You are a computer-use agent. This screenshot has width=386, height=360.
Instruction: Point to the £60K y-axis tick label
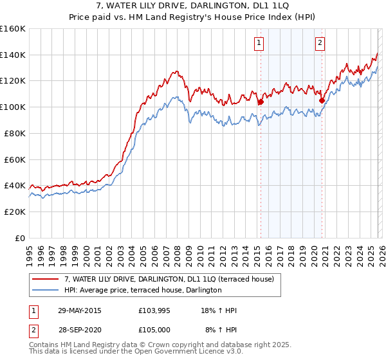coord(15,159)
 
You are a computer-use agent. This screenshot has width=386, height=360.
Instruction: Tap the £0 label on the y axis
coord(21,238)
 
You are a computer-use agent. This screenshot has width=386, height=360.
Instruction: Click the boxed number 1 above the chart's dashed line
coord(259,43)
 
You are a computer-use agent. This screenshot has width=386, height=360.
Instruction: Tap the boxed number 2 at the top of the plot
coord(320,43)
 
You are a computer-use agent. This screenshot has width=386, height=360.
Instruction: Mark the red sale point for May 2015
coord(261,102)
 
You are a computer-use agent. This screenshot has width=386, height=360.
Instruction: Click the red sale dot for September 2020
coord(322,100)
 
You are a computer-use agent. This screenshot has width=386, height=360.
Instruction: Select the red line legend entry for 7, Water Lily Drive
coord(169,279)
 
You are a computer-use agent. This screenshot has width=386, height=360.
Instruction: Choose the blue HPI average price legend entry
coord(143,291)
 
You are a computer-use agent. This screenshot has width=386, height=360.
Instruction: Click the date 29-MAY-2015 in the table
coord(79,310)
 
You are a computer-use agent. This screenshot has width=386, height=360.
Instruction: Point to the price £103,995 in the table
coord(154,310)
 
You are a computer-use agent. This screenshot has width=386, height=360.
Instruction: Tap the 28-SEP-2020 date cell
coord(79,330)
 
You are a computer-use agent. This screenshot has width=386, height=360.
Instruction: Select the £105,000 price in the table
coord(154,330)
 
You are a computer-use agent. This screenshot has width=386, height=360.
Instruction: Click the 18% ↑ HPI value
coord(219,310)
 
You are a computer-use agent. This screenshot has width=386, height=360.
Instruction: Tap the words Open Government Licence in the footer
coord(183,352)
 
